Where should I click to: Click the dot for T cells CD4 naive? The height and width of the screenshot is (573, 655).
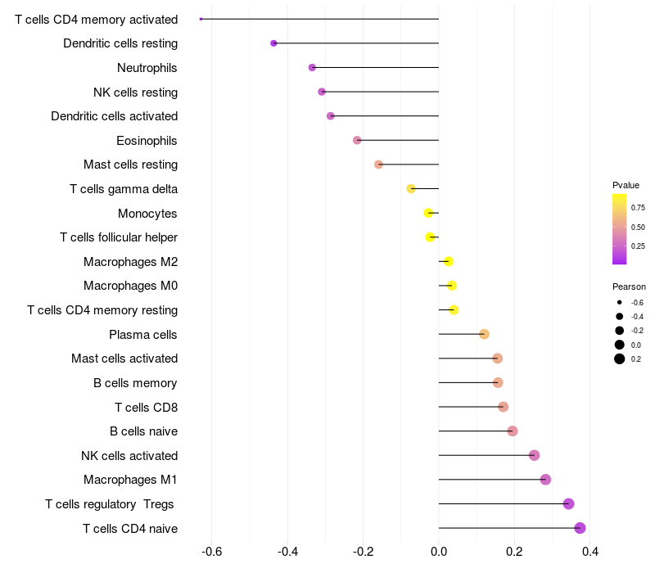tap(580, 528)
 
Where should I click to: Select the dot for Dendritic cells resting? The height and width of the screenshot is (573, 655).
tap(273, 43)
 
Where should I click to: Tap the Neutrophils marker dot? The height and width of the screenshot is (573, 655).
tap(312, 67)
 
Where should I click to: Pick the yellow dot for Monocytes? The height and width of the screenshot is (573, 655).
tap(428, 213)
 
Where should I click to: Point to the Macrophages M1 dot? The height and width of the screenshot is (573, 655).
tap(545, 480)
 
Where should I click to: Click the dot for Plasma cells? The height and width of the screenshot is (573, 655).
tap(484, 334)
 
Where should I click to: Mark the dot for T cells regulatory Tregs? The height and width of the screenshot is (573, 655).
tap(569, 503)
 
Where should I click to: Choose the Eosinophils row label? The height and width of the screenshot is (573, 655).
tap(147, 141)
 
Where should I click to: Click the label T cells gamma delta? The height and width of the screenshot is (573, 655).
tap(124, 189)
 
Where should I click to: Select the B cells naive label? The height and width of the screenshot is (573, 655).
tap(143, 431)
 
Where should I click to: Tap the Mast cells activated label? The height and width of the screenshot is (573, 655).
tap(124, 359)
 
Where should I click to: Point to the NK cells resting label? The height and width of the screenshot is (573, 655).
tap(135, 92)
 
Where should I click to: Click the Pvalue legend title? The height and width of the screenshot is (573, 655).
tap(626, 185)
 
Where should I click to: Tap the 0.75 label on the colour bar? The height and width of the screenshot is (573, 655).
tap(638, 208)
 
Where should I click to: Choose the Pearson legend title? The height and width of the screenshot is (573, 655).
tap(629, 286)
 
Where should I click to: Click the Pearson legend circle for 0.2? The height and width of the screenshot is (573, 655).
tap(620, 359)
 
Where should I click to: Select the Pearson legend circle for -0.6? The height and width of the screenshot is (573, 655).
tap(620, 303)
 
